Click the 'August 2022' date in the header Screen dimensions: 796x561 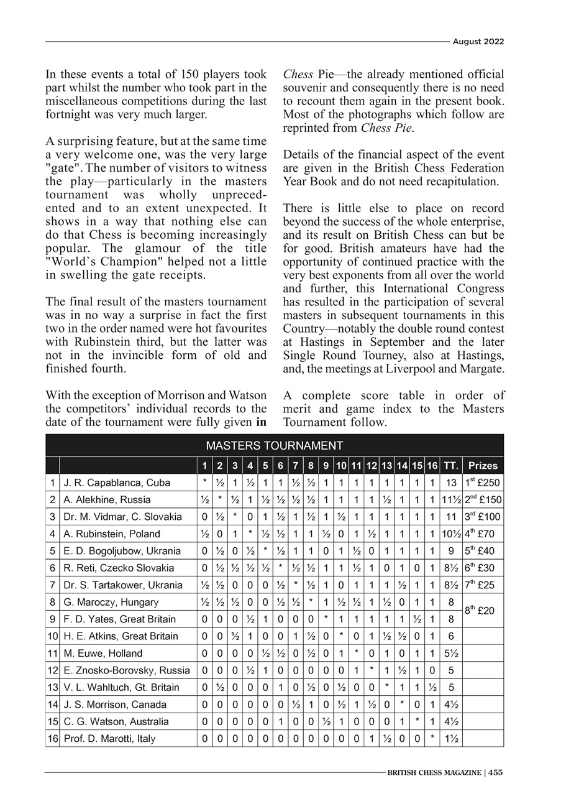pyautogui.click(x=478, y=42)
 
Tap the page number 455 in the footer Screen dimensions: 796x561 pyautogui.click(x=495, y=773)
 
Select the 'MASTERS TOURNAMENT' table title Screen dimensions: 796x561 pyautogui.click(x=274, y=445)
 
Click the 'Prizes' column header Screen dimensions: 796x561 pyautogui.click(x=483, y=465)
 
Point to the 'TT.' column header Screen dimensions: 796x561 pyautogui.click(x=451, y=465)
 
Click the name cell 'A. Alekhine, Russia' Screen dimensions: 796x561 pyautogui.click(x=107, y=499)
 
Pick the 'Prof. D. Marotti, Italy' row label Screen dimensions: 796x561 pyautogui.click(x=109, y=739)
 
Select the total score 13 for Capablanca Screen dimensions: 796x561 pyautogui.click(x=451, y=483)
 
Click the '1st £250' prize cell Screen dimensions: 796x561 pyautogui.click(x=483, y=483)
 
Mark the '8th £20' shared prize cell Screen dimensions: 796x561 pyautogui.click(x=483, y=611)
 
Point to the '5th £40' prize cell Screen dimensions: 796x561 pyautogui.click(x=483, y=551)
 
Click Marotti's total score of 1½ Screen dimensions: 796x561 pyautogui.click(x=451, y=739)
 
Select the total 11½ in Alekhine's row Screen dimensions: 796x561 pyautogui.click(x=451, y=499)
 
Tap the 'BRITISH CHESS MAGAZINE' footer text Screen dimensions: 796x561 pyautogui.click(x=434, y=773)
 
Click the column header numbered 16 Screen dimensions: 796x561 pyautogui.click(x=432, y=465)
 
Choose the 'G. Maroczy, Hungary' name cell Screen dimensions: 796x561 pyautogui.click(x=111, y=602)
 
